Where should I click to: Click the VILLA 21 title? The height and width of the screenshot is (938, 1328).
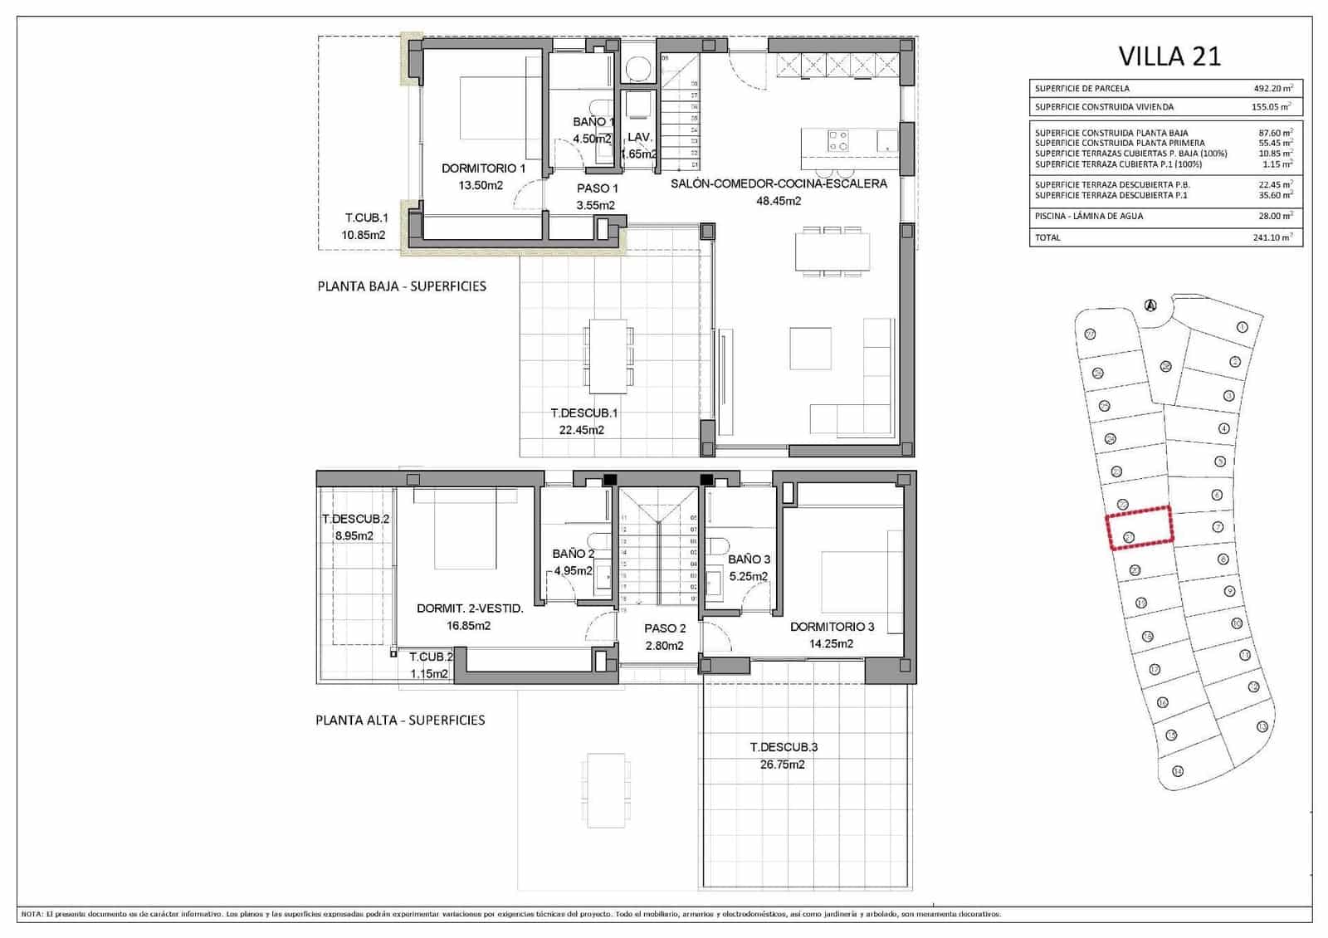(1169, 56)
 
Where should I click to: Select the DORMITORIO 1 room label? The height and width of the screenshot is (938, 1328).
(483, 169)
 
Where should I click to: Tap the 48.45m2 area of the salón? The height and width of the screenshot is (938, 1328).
(778, 201)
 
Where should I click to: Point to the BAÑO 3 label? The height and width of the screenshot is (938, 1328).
(749, 559)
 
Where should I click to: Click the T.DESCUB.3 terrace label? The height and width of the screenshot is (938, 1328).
(783, 747)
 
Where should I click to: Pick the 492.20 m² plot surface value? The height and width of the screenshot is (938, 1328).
(1272, 88)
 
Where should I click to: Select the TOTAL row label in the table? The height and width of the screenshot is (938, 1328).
(1047, 237)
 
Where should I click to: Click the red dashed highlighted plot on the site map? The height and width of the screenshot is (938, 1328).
(1140, 528)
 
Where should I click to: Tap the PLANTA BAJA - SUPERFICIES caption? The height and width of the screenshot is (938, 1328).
(402, 286)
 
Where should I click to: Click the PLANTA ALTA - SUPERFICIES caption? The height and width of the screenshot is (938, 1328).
(400, 720)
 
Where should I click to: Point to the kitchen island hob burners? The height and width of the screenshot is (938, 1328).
(838, 140)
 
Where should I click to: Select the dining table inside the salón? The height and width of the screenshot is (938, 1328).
(832, 251)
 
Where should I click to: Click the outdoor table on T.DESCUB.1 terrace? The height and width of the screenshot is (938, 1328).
(608, 356)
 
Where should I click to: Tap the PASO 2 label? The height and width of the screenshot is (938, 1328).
(665, 628)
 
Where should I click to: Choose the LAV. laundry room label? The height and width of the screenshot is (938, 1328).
(640, 137)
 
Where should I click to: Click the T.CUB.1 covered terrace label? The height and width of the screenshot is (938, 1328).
(366, 218)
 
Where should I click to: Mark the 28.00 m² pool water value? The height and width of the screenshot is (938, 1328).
(1272, 216)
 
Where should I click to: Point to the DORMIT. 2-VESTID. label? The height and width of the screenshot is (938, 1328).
(470, 608)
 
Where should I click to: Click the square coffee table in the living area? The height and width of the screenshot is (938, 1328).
(810, 349)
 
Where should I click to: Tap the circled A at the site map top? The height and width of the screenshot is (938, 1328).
(1150, 305)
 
